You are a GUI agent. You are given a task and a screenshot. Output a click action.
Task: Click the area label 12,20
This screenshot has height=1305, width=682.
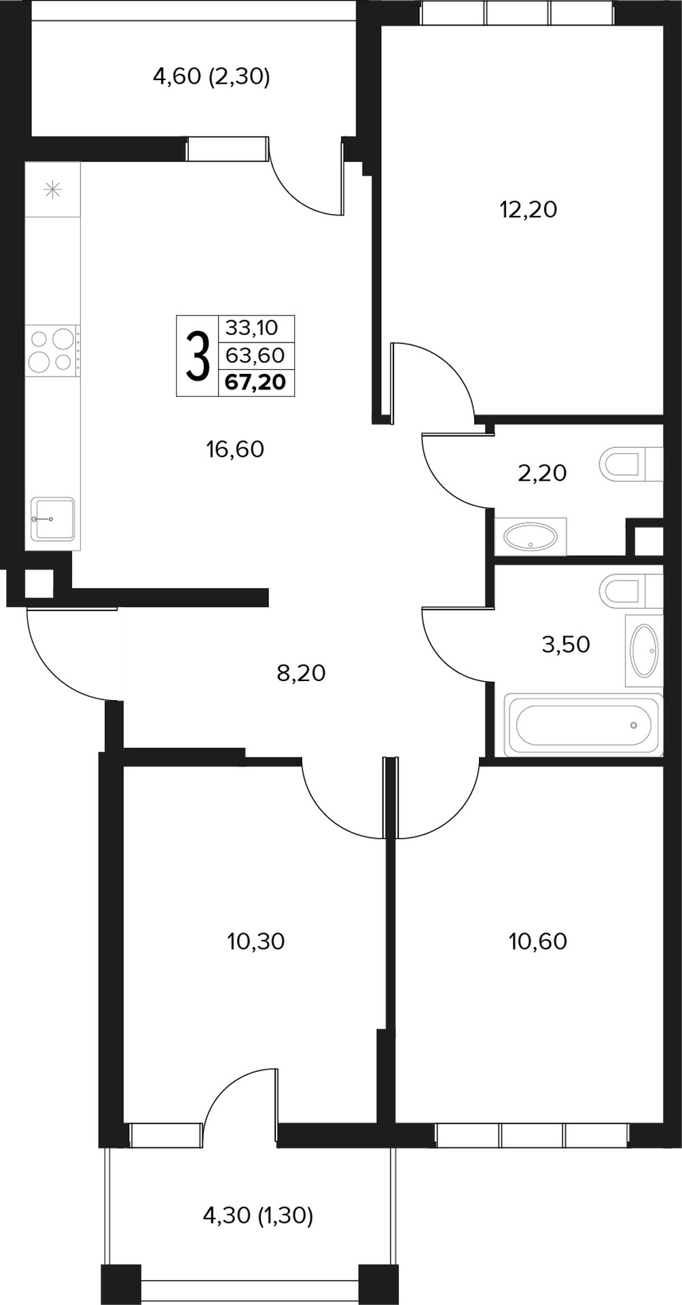pyautogui.click(x=528, y=210)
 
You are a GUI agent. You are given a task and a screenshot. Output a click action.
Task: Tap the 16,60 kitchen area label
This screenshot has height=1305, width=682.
pyautogui.click(x=235, y=449)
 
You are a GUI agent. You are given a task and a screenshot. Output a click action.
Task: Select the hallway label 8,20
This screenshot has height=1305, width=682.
pyautogui.click(x=301, y=673)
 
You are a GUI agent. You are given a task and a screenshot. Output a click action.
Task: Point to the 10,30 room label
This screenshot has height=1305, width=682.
pyautogui.click(x=256, y=941)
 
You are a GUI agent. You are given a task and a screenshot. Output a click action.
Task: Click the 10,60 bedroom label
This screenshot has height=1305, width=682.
pyautogui.click(x=538, y=941)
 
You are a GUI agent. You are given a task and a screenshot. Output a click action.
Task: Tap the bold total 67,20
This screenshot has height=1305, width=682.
pyautogui.click(x=255, y=382)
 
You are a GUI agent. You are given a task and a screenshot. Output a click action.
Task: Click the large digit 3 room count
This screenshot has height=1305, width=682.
pyautogui.click(x=197, y=356)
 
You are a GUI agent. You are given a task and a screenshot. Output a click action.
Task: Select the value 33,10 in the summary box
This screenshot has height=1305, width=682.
pyautogui.click(x=252, y=328)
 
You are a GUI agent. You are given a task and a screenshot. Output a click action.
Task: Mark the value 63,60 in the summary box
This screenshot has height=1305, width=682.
pyautogui.click(x=255, y=355)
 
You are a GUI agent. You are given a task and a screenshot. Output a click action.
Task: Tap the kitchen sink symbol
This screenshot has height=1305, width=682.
pyautogui.click(x=52, y=519)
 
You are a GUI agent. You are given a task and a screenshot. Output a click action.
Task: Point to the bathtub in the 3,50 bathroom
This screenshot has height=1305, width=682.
pyautogui.click(x=584, y=725)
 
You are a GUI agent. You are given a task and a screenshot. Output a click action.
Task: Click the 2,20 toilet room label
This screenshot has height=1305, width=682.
pyautogui.click(x=542, y=473)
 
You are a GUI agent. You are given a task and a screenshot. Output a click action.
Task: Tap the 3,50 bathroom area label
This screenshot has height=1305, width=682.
pyautogui.click(x=566, y=644)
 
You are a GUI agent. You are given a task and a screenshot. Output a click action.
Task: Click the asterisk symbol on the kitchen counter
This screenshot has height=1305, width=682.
pyautogui.click(x=52, y=190)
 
